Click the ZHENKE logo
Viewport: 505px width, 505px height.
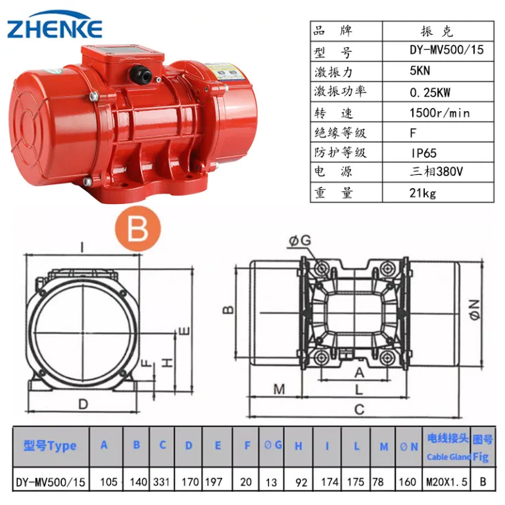(55, 25)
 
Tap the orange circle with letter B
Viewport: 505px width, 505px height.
(138, 229)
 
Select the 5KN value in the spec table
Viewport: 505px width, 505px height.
(420, 70)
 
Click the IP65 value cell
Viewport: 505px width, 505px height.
(423, 153)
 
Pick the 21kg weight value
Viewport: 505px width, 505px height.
(423, 193)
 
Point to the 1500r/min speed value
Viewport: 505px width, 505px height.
(440, 113)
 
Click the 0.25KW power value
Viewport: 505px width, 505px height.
(430, 93)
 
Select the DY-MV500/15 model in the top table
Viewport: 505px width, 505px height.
(446, 49)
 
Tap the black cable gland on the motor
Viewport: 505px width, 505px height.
(141, 74)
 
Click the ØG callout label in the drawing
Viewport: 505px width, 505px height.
(300, 241)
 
